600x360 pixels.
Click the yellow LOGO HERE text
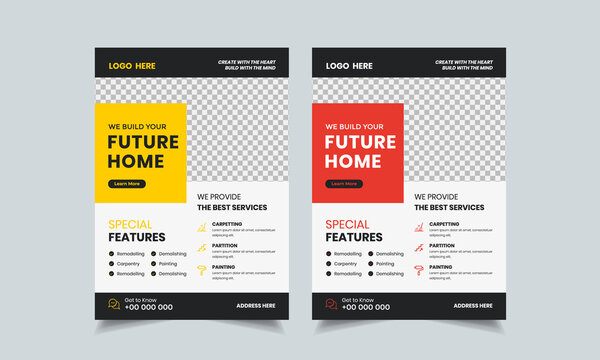point(132,66)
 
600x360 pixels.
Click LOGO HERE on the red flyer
point(349,66)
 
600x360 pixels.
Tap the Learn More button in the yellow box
point(127,184)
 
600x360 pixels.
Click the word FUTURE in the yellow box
point(143,142)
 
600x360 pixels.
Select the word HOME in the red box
point(352,162)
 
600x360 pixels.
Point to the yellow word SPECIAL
point(129,225)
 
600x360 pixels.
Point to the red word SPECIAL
point(346,225)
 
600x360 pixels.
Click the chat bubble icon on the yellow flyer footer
point(114,304)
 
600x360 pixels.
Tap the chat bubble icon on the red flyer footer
point(331,304)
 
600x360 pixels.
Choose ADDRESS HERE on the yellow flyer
point(256,306)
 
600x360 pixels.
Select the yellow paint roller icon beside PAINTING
point(201,271)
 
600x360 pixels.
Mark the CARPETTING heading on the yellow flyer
point(226,224)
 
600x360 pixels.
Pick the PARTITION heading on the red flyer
point(443,245)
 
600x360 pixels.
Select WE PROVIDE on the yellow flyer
point(217,197)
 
